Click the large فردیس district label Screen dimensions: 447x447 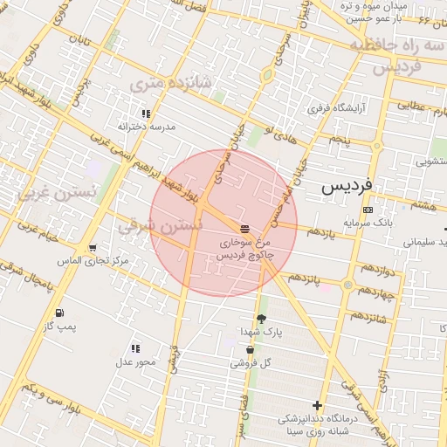click(347, 186)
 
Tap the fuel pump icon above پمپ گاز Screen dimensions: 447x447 click(58, 313)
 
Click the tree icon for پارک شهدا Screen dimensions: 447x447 click(260, 319)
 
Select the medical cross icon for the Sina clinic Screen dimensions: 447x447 click(316, 406)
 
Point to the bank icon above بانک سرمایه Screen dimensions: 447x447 click(368, 210)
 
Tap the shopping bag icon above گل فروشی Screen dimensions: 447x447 click(251, 350)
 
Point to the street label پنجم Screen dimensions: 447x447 click(339, 140)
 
